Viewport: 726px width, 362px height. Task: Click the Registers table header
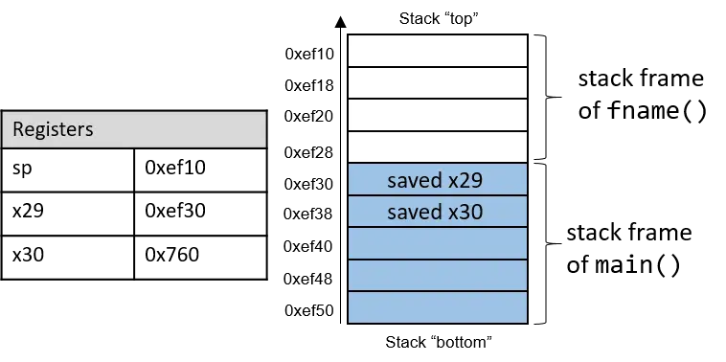pos(134,129)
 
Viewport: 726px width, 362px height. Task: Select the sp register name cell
pos(68,170)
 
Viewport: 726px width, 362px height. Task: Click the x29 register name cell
pos(68,214)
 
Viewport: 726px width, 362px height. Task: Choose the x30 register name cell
pos(68,258)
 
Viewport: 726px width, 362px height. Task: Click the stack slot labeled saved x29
pos(438,179)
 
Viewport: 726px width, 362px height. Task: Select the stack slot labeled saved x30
pos(438,211)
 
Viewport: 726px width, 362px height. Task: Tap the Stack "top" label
pos(439,19)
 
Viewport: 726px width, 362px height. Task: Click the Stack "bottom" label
pos(439,343)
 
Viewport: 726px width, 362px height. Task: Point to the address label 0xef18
pos(308,85)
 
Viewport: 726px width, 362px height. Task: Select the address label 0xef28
pos(308,152)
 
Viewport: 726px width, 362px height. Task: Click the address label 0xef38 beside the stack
pos(307,214)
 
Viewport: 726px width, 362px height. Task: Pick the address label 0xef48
pos(307,279)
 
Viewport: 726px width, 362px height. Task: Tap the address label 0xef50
pos(308,310)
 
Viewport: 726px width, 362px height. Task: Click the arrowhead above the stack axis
pos(341,21)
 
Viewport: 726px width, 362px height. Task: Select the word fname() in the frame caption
pos(657,111)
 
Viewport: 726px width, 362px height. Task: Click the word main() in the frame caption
pos(638,265)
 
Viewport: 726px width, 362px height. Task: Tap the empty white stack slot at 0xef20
pos(438,115)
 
